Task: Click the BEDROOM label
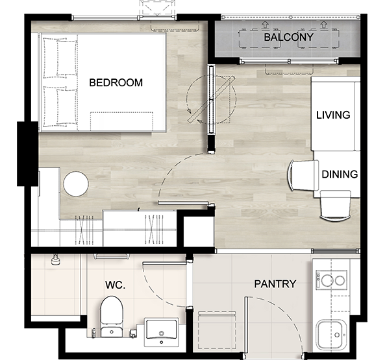tap(116, 82)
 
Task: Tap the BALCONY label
tap(288, 37)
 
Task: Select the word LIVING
tap(333, 115)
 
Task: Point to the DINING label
tap(340, 174)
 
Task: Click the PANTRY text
tap(275, 284)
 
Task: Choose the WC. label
tap(115, 285)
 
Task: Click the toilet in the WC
tap(112, 317)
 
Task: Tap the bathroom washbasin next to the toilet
tap(161, 332)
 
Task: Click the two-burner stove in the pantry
tap(331, 280)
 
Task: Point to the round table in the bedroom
tap(76, 184)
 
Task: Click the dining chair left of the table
tap(303, 175)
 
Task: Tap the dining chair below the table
tap(336, 206)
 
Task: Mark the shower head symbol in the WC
tap(55, 260)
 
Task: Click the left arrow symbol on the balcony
tap(265, 25)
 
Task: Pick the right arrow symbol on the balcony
tap(324, 25)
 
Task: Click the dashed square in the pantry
tap(217, 330)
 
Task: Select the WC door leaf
tap(164, 263)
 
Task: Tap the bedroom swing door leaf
tap(183, 203)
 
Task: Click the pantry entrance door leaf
tap(245, 326)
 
